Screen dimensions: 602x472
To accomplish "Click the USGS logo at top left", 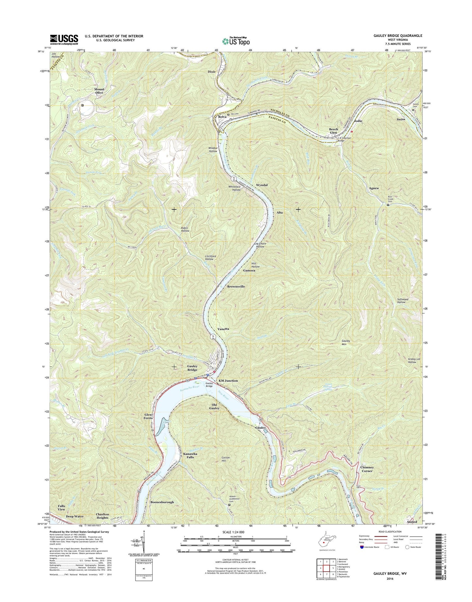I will click(64, 40).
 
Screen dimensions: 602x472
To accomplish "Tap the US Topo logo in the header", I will click(236, 41).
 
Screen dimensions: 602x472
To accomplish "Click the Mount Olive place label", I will click(99, 91).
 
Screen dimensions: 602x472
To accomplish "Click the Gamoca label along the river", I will click(249, 271).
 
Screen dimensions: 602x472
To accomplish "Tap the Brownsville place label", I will click(236, 286).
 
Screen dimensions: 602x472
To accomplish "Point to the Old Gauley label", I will click(215, 407).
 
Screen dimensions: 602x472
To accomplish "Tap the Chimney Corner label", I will click(367, 469).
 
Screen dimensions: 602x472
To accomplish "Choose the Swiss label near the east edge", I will click(401, 119).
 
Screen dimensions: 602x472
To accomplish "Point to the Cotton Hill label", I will click(226, 459).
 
